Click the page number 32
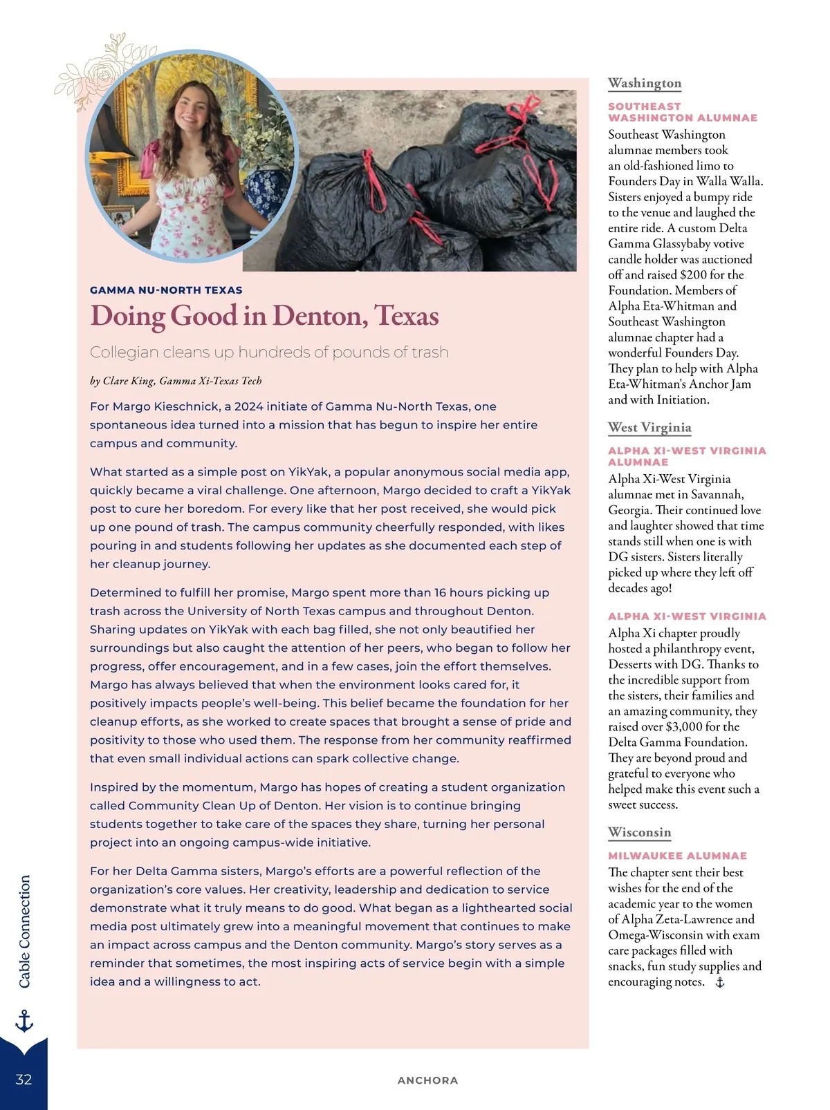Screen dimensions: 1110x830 tap(24, 1080)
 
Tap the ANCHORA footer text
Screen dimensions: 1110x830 tap(427, 1080)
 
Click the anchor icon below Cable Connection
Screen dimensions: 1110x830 tap(24, 1021)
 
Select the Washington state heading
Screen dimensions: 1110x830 tap(645, 83)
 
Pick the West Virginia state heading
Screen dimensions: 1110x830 tap(649, 427)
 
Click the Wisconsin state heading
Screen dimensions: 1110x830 tap(639, 832)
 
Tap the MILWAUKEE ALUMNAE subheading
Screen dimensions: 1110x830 tap(677, 856)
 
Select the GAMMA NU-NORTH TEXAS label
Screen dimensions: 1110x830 tap(166, 290)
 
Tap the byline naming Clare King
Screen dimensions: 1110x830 tap(176, 381)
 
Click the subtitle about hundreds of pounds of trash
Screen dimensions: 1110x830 tap(269, 352)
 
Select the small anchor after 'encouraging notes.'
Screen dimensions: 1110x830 tap(720, 982)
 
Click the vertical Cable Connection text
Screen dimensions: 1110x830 tap(25, 932)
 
